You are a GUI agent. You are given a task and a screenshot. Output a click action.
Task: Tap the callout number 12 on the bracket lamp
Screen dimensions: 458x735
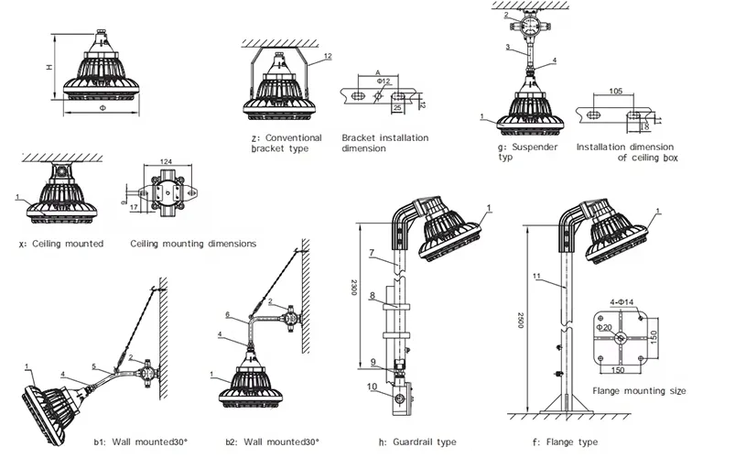pos(327,57)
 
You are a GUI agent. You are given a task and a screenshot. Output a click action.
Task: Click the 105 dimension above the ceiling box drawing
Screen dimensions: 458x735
pos(615,92)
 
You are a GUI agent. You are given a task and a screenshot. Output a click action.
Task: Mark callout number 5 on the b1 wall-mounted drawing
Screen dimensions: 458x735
pos(93,367)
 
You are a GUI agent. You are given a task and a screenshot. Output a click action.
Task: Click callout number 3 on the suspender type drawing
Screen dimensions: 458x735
pos(506,47)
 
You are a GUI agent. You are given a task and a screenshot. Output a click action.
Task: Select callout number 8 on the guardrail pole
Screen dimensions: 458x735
pos(373,295)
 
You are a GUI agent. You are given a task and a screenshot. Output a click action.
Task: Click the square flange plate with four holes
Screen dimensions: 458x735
pos(622,339)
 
